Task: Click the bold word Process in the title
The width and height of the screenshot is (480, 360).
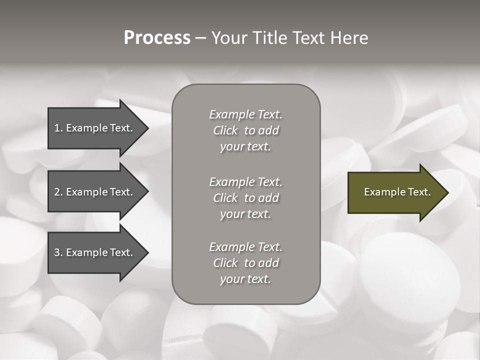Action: (x=157, y=38)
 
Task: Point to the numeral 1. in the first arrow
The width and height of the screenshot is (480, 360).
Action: (x=58, y=128)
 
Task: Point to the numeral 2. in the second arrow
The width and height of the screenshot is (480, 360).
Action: (x=58, y=192)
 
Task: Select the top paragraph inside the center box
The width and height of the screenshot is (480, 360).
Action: (x=245, y=130)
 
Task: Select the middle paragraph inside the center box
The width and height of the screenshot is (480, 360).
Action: (x=245, y=198)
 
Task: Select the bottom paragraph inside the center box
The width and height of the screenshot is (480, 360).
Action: (x=245, y=263)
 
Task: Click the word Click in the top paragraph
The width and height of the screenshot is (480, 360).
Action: (x=225, y=131)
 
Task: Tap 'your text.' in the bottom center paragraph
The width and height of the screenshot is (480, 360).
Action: (x=245, y=279)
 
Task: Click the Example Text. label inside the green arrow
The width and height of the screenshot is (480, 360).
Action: (x=397, y=192)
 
